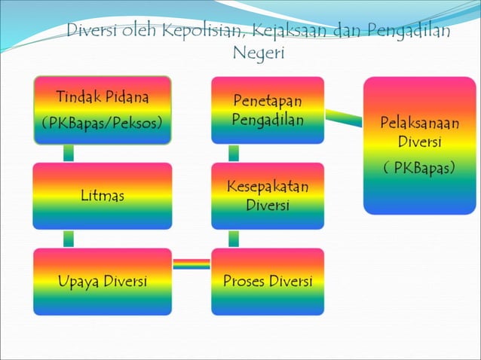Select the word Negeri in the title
click(x=259, y=53)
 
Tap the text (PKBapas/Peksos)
click(x=102, y=122)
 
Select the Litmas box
click(x=102, y=196)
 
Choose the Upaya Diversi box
click(x=102, y=282)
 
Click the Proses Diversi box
click(x=268, y=282)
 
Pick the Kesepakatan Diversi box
click(x=268, y=196)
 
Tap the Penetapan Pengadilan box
click(x=268, y=110)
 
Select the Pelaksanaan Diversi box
click(x=420, y=145)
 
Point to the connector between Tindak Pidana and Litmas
click(x=69, y=153)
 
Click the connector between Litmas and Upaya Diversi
click(x=69, y=239)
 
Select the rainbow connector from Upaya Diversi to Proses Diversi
click(x=191, y=264)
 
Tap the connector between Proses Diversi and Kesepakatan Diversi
click(x=234, y=239)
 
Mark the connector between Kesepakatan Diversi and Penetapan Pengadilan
click(x=234, y=153)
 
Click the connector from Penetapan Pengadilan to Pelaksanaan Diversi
click(x=344, y=119)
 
